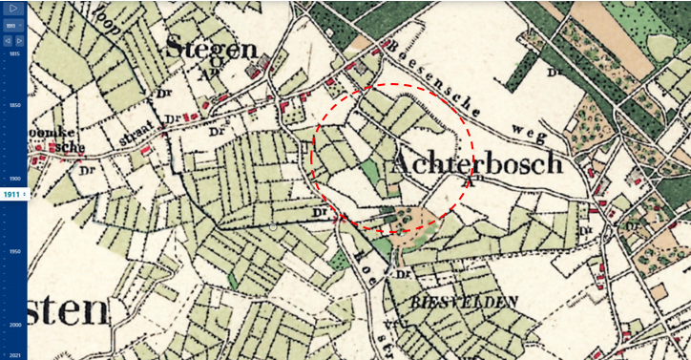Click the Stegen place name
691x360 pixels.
211,47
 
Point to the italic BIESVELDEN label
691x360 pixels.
464,302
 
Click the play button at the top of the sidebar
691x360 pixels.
13,9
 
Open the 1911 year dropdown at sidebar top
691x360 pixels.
10,26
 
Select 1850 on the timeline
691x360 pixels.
14,105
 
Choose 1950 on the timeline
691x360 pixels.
14,251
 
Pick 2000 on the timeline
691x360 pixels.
14,325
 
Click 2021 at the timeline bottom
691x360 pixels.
14,354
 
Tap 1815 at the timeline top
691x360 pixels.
14,54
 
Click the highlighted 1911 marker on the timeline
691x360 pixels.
12,194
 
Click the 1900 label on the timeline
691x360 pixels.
14,179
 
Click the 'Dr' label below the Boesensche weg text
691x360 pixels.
552,72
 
